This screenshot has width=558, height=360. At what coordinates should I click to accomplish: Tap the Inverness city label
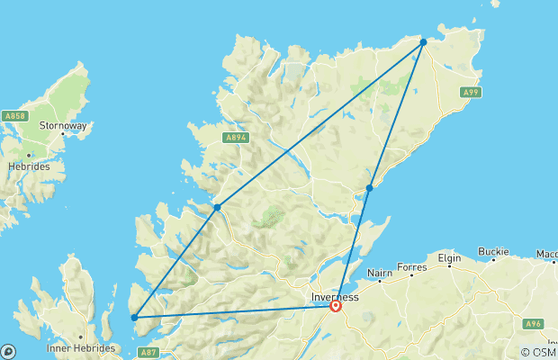coord(335,297)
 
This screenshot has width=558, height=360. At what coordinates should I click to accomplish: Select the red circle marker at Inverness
coord(336,306)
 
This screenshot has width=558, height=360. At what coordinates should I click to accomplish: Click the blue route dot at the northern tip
coord(423,41)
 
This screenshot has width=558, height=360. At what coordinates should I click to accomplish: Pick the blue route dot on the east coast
coord(370,188)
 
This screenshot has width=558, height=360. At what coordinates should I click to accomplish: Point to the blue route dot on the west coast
coord(218,208)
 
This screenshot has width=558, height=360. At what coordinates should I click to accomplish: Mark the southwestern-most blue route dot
coord(134,317)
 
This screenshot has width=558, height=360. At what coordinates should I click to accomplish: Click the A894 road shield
coord(232,138)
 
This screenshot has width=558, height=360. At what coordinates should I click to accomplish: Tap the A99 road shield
coord(469,92)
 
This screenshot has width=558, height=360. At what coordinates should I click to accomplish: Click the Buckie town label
coord(493,251)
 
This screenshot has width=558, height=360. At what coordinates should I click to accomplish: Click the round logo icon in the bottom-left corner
coord(8,352)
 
